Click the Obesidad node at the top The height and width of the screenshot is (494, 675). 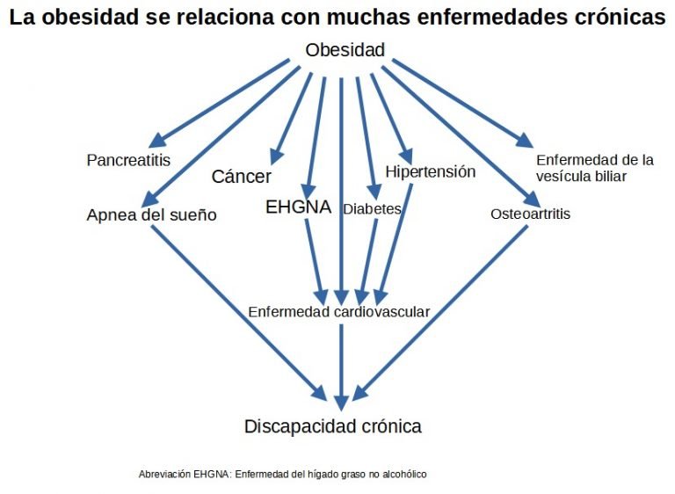coord(345,50)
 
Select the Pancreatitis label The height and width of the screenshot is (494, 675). coord(128,160)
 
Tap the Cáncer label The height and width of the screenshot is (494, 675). coord(242,177)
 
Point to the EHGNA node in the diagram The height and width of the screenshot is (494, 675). coord(298,207)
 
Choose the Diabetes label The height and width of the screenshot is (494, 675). coord(372,209)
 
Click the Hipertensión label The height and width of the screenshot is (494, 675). coord(430,171)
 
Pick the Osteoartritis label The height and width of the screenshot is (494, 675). coord(530,214)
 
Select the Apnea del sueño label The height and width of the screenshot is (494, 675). coord(151,214)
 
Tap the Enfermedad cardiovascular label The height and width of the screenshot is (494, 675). coord(338,311)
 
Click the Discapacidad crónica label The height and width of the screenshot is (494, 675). coord(333,426)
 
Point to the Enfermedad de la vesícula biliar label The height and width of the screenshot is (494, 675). coord(595,167)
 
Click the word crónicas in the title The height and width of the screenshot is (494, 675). coord(614,18)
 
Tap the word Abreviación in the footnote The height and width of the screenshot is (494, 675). coord(163,474)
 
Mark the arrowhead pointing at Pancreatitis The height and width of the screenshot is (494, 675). coord(158,141)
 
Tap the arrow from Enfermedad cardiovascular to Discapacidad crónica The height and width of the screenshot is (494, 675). coord(341,360)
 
